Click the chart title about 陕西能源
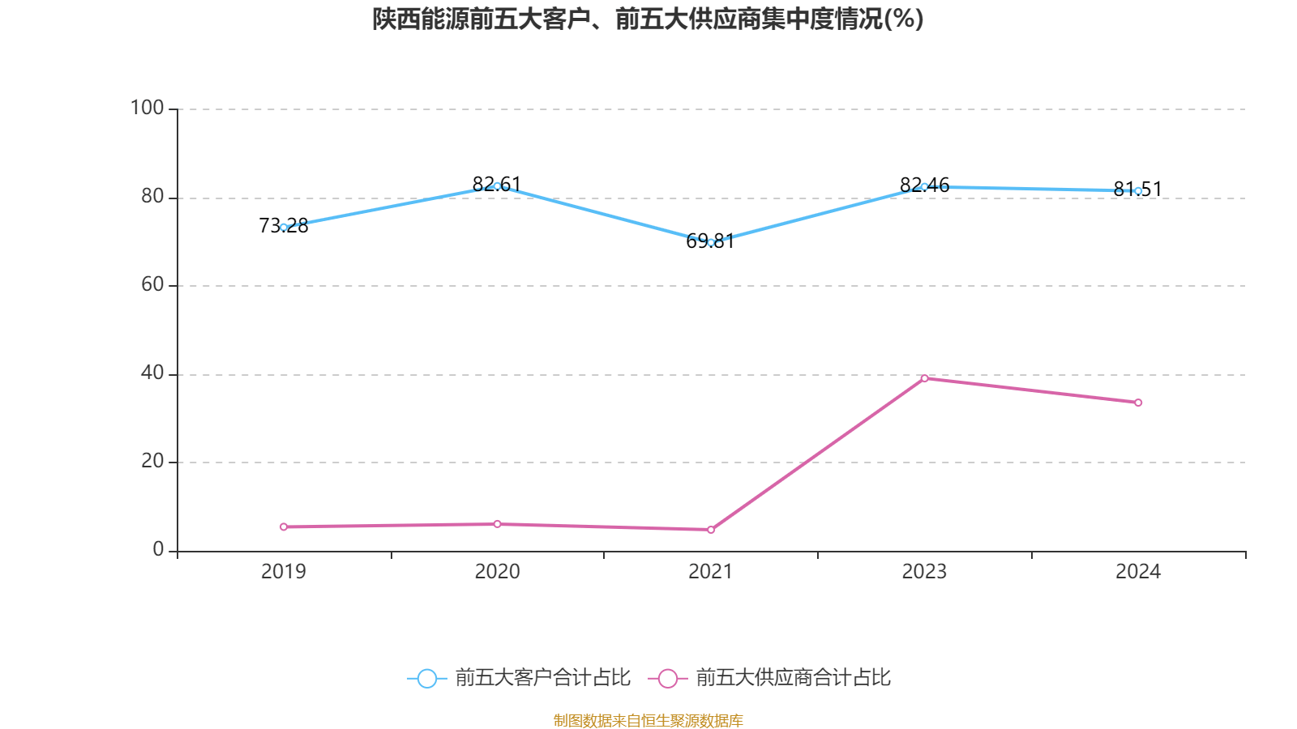coord(648,19)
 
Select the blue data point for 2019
coord(284,228)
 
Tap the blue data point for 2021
coord(711,242)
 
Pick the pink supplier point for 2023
coord(924,378)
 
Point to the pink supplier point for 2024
coord(1138,403)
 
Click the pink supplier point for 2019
coord(284,526)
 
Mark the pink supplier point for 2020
coord(497,524)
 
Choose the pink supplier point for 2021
coord(711,530)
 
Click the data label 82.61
coord(496,185)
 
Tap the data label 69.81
coord(710,241)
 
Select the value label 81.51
coord(1137,190)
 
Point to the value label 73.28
coord(284,226)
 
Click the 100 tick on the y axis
coord(148,108)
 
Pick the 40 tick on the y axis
coord(152,373)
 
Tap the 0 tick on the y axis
coord(159,550)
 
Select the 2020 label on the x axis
coord(497,572)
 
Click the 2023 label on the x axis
coord(924,572)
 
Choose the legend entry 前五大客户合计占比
coord(519,678)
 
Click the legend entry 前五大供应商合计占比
coord(770,678)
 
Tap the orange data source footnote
coord(648,720)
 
